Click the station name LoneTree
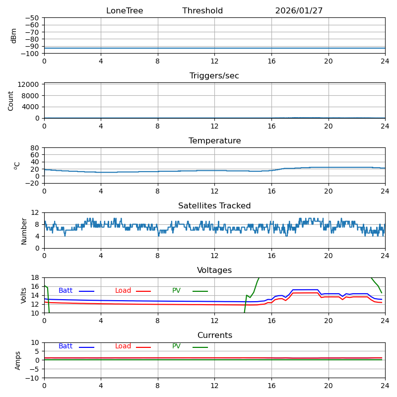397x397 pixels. [x=125, y=11]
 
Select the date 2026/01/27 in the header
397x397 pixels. [x=299, y=11]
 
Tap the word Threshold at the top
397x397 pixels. [x=202, y=11]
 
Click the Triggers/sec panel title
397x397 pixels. [x=214, y=76]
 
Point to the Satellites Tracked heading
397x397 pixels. [x=214, y=206]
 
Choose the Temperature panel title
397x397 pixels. [x=214, y=141]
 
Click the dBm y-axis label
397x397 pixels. [x=14, y=36]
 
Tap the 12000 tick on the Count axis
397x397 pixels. [x=30, y=84]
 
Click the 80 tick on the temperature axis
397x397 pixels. [x=35, y=148]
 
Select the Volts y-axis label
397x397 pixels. [x=24, y=295]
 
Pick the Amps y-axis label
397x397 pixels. [x=18, y=360]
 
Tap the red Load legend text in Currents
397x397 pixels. [x=123, y=346]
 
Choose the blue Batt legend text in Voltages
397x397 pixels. [x=66, y=291]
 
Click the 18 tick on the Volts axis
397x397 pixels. [x=35, y=278]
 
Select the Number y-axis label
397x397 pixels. [x=24, y=230]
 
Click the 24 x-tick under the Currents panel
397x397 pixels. [x=385, y=386]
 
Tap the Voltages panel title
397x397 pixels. [x=214, y=271]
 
